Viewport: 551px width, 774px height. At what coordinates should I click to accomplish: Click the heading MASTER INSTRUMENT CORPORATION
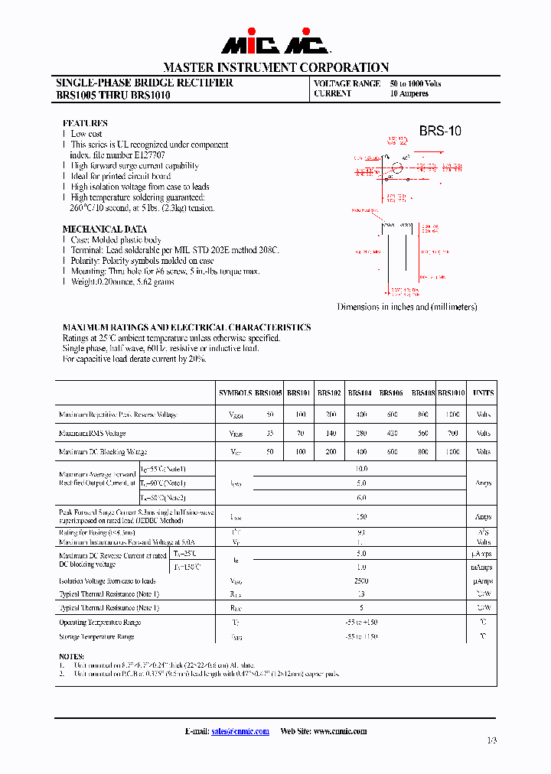pos(275,67)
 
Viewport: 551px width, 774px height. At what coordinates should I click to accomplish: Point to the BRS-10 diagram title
pos(440,131)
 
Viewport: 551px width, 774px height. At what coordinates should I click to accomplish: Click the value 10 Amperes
pos(409,93)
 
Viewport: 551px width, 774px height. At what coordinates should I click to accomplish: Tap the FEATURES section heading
pos(85,123)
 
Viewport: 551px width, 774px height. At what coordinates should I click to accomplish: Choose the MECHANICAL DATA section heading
pos(104,229)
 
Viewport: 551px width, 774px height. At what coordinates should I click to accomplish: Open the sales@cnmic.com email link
pos(240,731)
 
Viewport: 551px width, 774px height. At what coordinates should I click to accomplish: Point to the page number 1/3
pos(491,740)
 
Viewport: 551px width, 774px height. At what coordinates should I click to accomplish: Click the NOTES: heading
pos(73,656)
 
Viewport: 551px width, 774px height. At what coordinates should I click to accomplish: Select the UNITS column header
pos(483,392)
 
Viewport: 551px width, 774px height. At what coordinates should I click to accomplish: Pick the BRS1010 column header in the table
pos(452,392)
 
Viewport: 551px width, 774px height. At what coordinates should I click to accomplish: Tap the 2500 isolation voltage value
pos(360,580)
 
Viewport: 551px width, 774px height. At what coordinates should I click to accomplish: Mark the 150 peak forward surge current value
pos(360,516)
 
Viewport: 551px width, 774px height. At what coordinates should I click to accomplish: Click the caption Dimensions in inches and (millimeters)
pos(407,307)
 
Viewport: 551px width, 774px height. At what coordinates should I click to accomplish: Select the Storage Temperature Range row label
pos(96,636)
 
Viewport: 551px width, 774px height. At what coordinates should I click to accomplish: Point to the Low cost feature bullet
pos(86,134)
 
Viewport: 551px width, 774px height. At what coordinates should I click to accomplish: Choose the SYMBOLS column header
pos(235,392)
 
